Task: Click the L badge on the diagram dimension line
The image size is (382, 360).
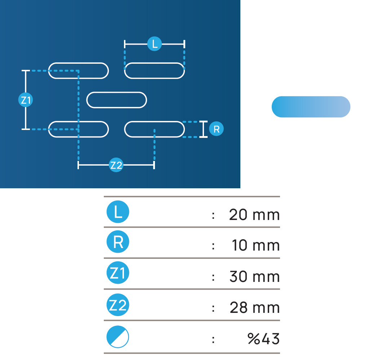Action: point(155,44)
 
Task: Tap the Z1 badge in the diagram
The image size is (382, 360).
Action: point(26,100)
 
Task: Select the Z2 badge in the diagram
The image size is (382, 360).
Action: point(116,165)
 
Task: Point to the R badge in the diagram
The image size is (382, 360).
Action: point(216,129)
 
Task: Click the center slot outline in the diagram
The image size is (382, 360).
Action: point(116,93)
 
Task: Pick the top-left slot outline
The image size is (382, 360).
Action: point(78,63)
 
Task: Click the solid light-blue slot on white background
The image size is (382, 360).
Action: point(311,107)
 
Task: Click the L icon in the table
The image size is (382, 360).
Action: point(118,212)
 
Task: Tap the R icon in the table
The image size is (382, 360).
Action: point(118,242)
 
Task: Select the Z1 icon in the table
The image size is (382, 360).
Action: point(118,273)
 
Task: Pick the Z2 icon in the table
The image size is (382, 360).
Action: point(118,305)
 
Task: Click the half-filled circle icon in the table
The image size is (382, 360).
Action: point(118,337)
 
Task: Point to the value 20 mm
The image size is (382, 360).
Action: point(254,215)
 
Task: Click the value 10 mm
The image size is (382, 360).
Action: point(256,245)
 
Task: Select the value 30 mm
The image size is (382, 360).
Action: point(254,276)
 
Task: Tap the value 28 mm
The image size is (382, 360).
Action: point(254,307)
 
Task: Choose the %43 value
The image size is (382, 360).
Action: point(263,339)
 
